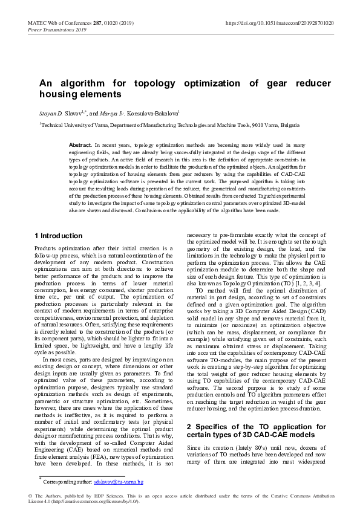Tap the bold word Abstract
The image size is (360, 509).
click(x=80, y=146)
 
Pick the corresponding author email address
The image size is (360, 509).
click(x=118, y=482)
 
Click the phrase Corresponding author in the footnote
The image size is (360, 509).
click(x=67, y=482)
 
